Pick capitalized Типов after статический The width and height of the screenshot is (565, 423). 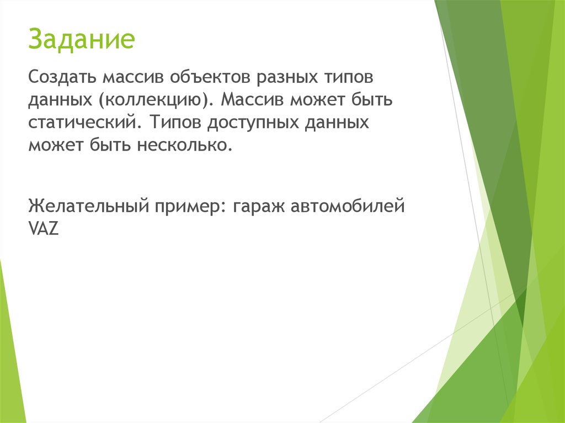(x=175, y=122)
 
